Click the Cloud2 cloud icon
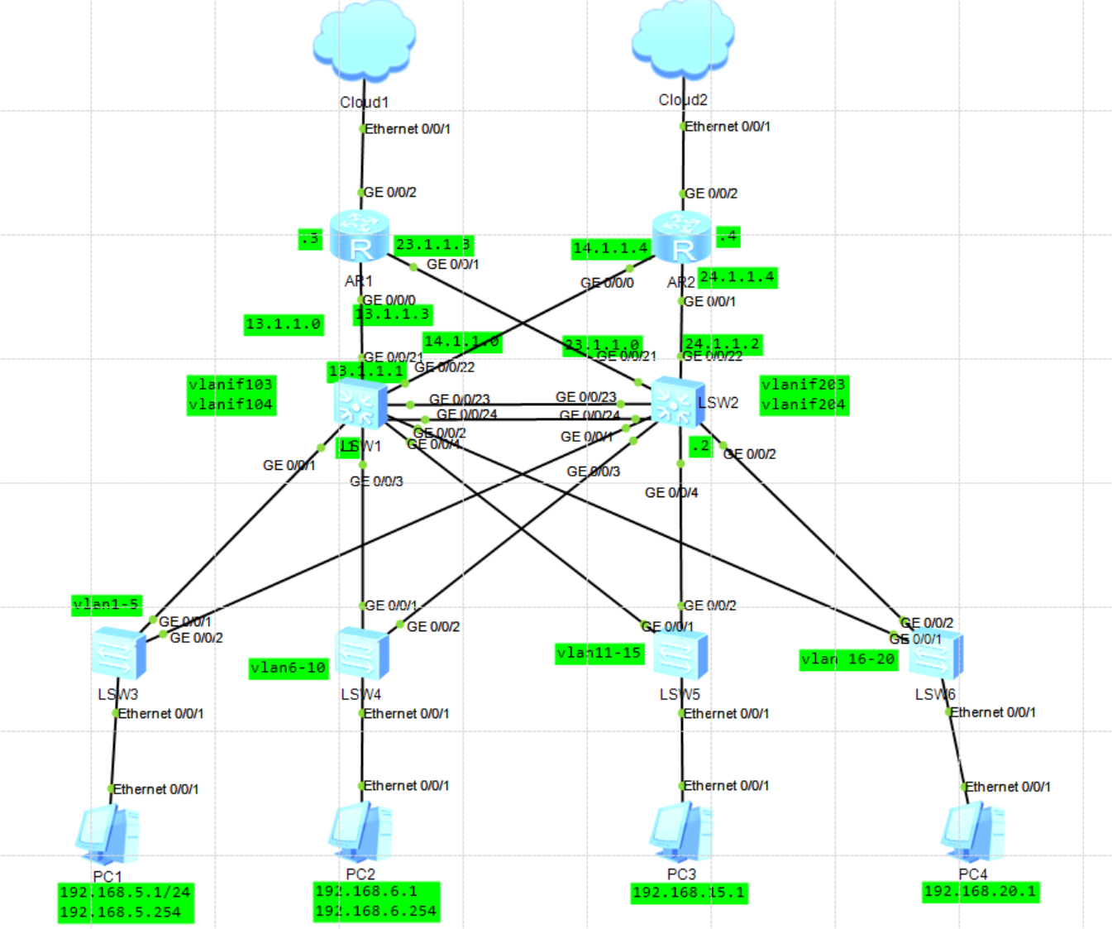coord(683,40)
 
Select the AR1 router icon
coord(359,236)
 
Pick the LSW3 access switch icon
coord(118,654)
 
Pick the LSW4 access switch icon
coord(361,654)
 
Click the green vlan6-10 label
coord(289,668)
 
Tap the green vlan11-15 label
coord(599,654)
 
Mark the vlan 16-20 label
coord(848,659)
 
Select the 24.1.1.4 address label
coord(737,277)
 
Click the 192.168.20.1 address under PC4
coord(981,892)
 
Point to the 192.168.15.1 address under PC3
coord(689,893)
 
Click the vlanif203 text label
coord(804,385)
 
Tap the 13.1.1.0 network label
coord(283,324)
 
